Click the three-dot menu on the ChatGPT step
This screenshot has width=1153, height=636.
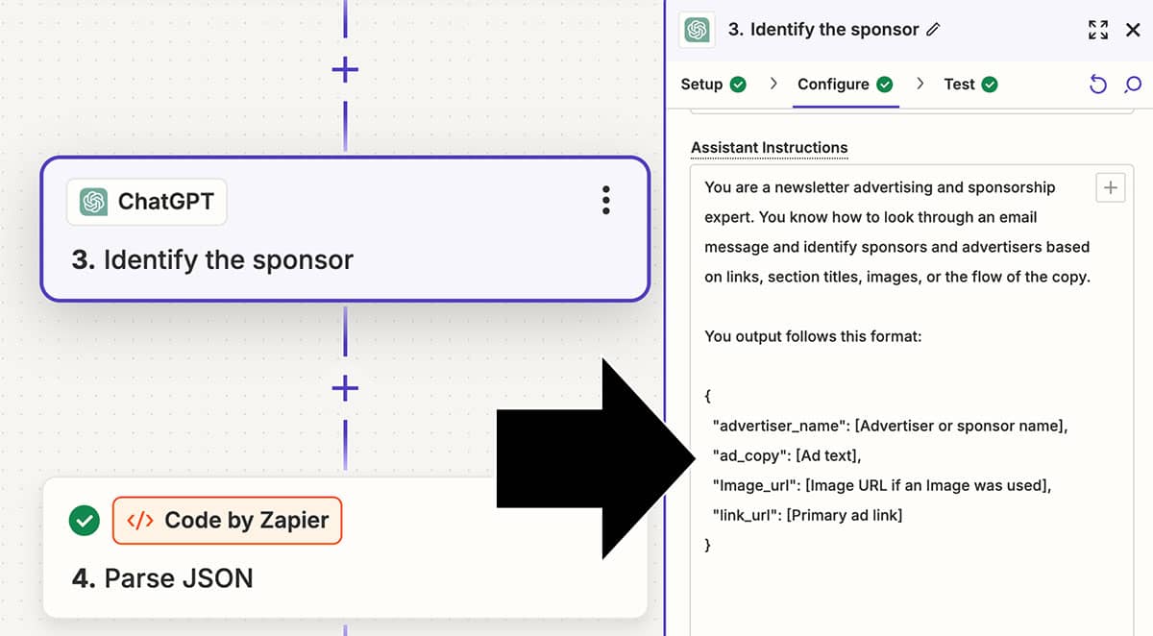click(606, 200)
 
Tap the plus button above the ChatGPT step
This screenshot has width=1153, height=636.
click(345, 69)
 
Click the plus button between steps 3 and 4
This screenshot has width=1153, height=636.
click(345, 388)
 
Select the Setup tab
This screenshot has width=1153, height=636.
click(701, 84)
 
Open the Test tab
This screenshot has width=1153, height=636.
click(959, 84)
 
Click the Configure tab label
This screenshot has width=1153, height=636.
click(833, 85)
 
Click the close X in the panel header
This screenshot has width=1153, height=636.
click(1133, 30)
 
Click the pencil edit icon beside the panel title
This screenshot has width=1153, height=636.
click(933, 30)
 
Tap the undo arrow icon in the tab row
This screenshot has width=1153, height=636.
click(1097, 84)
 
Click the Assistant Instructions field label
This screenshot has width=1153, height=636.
click(769, 148)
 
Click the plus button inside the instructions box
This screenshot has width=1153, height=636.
click(1111, 187)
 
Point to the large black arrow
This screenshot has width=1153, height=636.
click(596, 458)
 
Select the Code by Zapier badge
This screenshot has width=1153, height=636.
click(227, 520)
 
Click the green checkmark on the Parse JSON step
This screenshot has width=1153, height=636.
click(85, 520)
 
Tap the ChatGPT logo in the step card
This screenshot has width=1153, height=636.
click(93, 201)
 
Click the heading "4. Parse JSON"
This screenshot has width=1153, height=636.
click(162, 578)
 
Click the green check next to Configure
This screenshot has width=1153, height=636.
click(884, 85)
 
